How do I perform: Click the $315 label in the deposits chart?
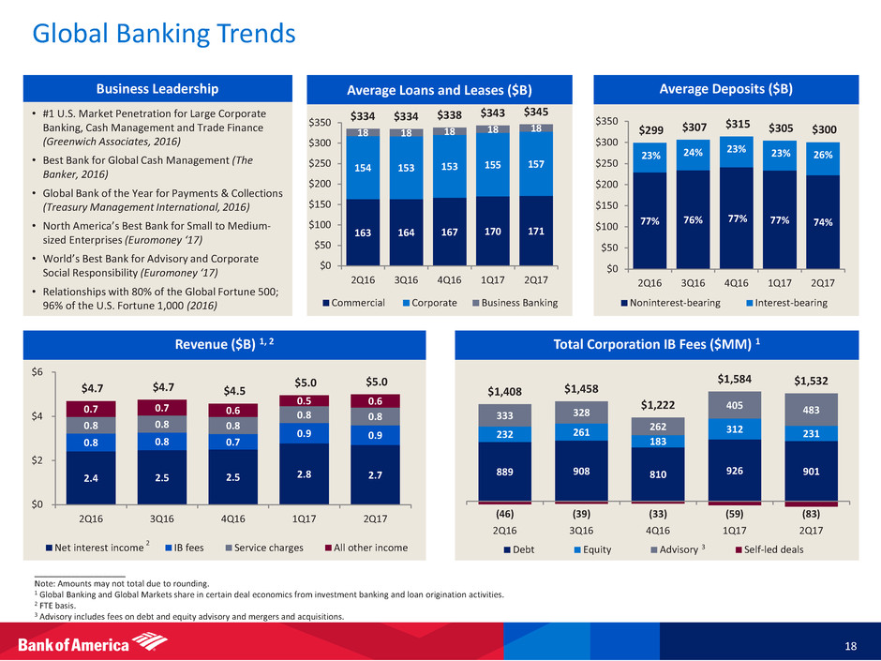pyautogui.click(x=739, y=125)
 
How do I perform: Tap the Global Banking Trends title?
pyautogui.click(x=164, y=35)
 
